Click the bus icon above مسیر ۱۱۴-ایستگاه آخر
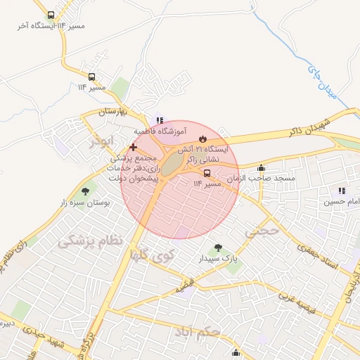pyautogui.click(x=51, y=15)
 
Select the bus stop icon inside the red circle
pyautogui.click(x=207, y=173)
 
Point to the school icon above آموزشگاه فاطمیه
pyautogui.click(x=160, y=120)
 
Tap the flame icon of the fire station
pyautogui.click(x=202, y=139)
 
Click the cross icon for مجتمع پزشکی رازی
pyautogui.click(x=133, y=147)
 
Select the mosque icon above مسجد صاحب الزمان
pyautogui.click(x=262, y=168)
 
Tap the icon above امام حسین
pyautogui.click(x=342, y=191)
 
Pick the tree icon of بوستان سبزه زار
pyautogui.click(x=86, y=191)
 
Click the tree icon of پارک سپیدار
pyautogui.click(x=218, y=248)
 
